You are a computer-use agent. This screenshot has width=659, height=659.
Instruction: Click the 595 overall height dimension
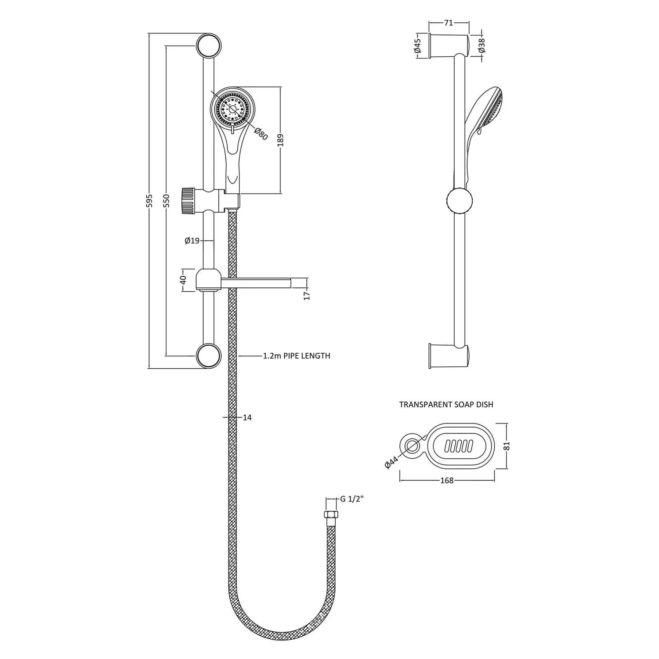pyautogui.click(x=149, y=200)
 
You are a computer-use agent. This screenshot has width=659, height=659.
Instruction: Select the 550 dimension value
pyautogui.click(x=166, y=200)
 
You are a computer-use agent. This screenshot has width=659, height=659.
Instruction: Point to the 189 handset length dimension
pyautogui.click(x=281, y=140)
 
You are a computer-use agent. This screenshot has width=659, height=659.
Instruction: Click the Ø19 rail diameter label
pyautogui.click(x=192, y=241)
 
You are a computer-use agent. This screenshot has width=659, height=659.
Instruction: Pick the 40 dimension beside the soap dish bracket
pyautogui.click(x=184, y=279)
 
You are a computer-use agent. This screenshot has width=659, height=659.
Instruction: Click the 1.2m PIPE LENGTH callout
pyautogui.click(x=297, y=356)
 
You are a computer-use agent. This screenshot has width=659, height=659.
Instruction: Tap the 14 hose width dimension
pyautogui.click(x=247, y=417)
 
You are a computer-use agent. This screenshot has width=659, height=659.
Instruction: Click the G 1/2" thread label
pyautogui.click(x=352, y=499)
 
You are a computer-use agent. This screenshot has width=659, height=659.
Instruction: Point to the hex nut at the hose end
pyautogui.click(x=330, y=514)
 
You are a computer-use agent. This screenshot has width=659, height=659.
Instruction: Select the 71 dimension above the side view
pyautogui.click(x=448, y=23)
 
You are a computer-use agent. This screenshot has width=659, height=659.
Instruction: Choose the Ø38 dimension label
pyautogui.click(x=482, y=46)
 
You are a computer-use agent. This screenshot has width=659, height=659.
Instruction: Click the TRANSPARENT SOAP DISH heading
pyautogui.click(x=446, y=405)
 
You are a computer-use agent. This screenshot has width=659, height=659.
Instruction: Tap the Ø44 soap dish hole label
pyautogui.click(x=391, y=462)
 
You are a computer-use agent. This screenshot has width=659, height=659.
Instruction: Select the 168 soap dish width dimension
pyautogui.click(x=446, y=481)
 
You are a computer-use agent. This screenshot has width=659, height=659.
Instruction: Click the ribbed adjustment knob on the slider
pyautogui.click(x=188, y=201)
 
